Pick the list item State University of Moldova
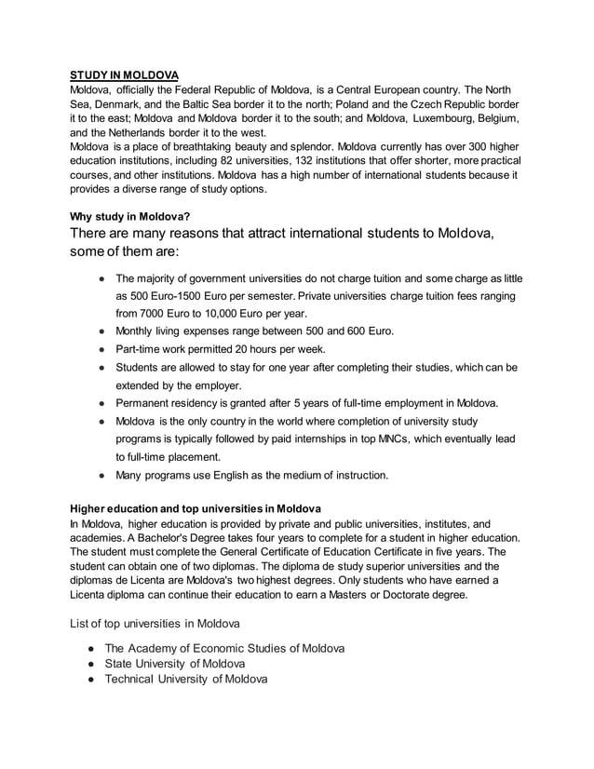click(175, 664)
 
